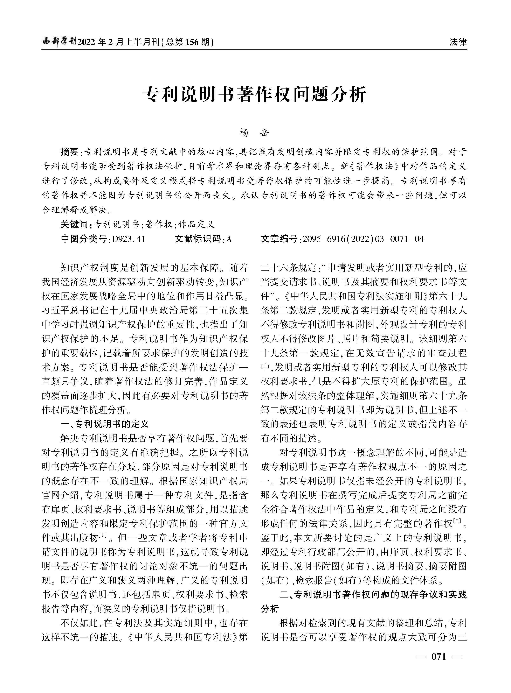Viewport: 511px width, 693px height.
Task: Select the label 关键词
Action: [74, 224]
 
